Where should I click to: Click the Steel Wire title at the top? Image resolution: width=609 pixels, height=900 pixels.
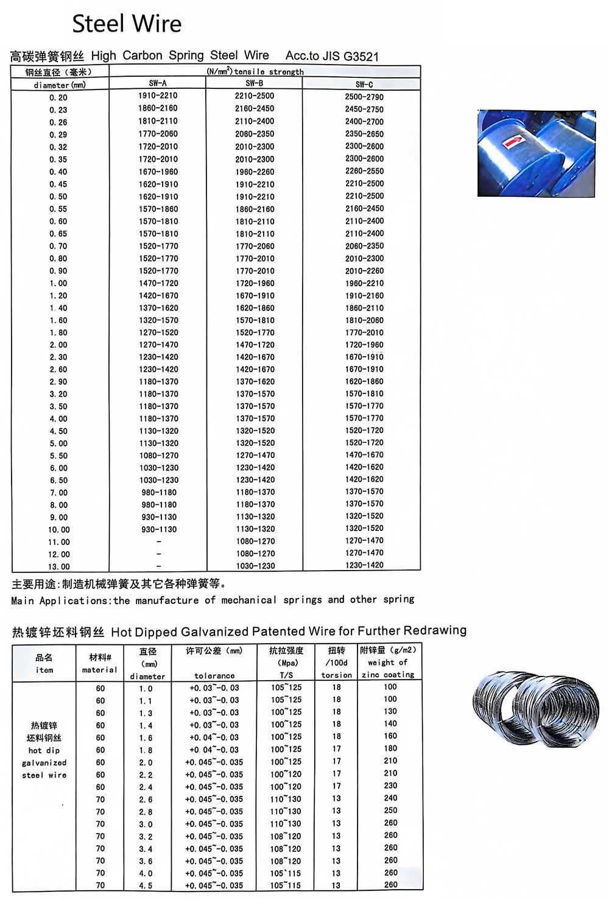[x=127, y=24]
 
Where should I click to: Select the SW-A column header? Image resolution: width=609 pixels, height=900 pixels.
[x=158, y=83]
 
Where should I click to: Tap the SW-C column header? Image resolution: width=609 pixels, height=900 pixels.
[x=364, y=85]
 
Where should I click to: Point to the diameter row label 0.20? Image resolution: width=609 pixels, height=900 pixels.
[x=58, y=97]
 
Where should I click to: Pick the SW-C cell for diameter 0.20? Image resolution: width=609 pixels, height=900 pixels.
[x=364, y=97]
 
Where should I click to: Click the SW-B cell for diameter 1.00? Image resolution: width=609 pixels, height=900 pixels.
[x=255, y=283]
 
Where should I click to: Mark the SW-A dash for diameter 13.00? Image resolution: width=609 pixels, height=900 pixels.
[x=158, y=566]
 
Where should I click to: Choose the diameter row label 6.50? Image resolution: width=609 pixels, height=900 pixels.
[x=58, y=480]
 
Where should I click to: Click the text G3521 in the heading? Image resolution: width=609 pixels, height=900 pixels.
[x=361, y=57]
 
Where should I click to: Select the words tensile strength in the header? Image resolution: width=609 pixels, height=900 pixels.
[x=269, y=72]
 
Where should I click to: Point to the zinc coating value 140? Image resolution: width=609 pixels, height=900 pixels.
[x=390, y=723]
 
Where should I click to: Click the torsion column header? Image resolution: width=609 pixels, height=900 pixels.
[x=337, y=675]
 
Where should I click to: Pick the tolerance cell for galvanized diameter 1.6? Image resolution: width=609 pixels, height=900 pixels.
[x=214, y=737]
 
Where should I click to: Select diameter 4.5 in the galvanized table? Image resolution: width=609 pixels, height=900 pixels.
[x=146, y=885]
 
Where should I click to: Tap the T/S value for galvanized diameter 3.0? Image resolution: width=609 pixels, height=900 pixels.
[x=286, y=824]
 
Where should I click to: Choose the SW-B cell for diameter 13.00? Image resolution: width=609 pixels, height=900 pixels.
[x=255, y=566]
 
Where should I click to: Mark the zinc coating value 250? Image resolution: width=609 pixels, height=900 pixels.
[x=390, y=810]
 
